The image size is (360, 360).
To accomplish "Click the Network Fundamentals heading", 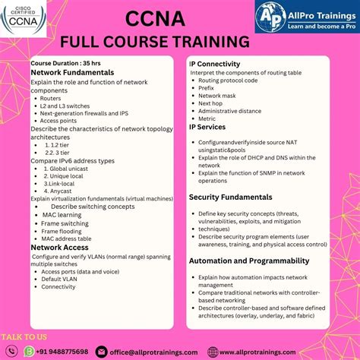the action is [72, 72].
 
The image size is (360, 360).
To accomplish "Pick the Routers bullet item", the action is [52, 99].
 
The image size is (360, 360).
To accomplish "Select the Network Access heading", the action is [60, 248].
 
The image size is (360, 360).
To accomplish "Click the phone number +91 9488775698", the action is [55, 352].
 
